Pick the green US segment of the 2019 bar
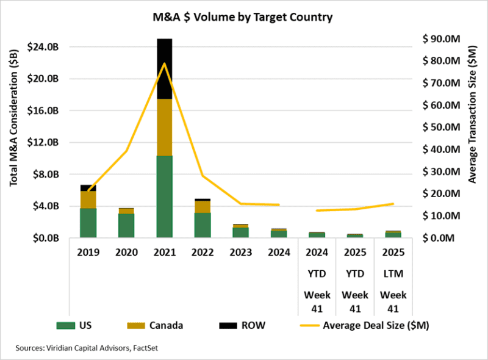click(x=88, y=223)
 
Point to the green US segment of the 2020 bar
click(x=126, y=226)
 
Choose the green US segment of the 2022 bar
click(x=203, y=225)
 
